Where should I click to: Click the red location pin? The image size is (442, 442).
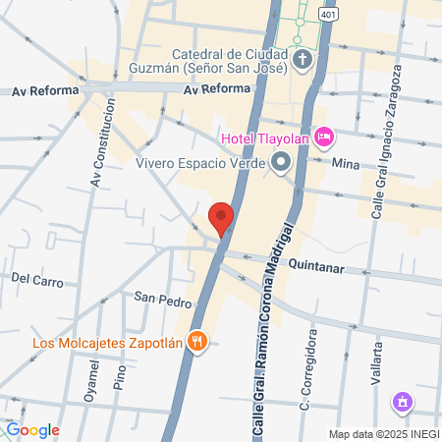pyautogui.click(x=222, y=218)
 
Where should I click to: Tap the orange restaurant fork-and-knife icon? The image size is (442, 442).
pyautogui.click(x=197, y=342)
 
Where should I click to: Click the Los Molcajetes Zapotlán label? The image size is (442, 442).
pyautogui.click(x=107, y=343)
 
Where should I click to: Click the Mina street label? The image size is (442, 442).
pyautogui.click(x=345, y=163)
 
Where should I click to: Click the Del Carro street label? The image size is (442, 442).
pyautogui.click(x=36, y=279)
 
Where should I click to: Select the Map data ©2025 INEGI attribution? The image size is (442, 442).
pyautogui.click(x=382, y=434)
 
